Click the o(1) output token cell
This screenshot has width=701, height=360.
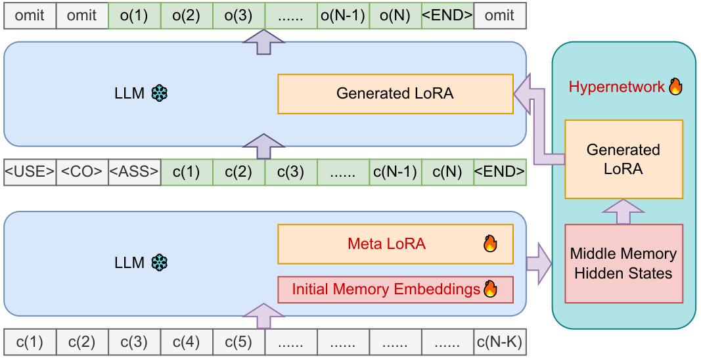click(134, 16)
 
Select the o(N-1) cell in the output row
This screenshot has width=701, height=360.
click(343, 16)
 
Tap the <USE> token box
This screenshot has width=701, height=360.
click(30, 172)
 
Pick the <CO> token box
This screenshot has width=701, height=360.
click(82, 172)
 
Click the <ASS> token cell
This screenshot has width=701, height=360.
click(134, 172)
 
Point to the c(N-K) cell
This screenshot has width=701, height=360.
click(499, 343)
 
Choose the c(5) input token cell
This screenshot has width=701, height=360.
click(238, 343)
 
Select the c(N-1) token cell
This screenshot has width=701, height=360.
click(395, 172)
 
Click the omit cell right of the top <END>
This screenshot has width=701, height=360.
click(499, 16)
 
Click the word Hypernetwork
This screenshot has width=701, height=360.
click(616, 87)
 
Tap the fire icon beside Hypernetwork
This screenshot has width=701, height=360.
click(675, 86)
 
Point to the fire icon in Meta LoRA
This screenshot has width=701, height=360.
click(490, 244)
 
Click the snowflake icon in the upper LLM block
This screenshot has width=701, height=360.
click(160, 94)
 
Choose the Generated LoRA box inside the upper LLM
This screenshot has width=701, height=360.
click(395, 94)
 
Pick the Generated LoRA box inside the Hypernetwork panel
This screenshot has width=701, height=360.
click(623, 160)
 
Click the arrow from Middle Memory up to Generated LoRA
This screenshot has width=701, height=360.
click(622, 212)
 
